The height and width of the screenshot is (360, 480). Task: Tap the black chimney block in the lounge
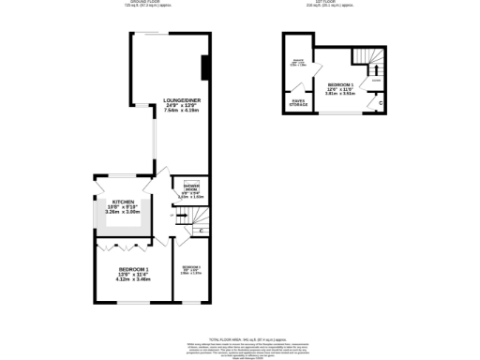click(205, 68)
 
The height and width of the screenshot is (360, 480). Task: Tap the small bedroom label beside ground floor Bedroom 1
click(191, 267)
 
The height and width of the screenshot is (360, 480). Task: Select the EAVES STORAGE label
click(298, 102)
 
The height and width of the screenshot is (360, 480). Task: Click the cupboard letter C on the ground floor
click(202, 230)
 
